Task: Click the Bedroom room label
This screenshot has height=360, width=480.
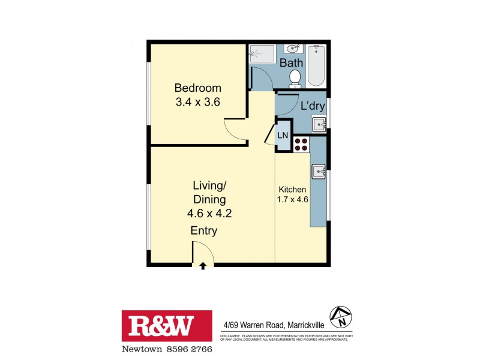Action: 197,88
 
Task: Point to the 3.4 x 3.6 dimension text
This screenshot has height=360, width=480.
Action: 197,102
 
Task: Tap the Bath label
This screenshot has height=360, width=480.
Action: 290,62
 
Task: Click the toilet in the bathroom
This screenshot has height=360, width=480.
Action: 295,77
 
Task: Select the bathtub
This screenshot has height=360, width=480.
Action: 317,65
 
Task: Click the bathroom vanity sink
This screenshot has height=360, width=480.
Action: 293,48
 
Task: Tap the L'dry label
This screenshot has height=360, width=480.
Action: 313,106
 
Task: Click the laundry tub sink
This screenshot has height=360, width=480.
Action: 319,125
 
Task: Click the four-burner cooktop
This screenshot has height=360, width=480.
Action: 301,144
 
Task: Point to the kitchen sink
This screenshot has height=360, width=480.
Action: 318,171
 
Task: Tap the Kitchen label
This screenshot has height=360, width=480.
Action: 292,190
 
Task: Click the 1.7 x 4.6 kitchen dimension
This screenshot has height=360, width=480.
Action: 292,200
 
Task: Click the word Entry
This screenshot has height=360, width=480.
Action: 203,231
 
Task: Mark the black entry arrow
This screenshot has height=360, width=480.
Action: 203,265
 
